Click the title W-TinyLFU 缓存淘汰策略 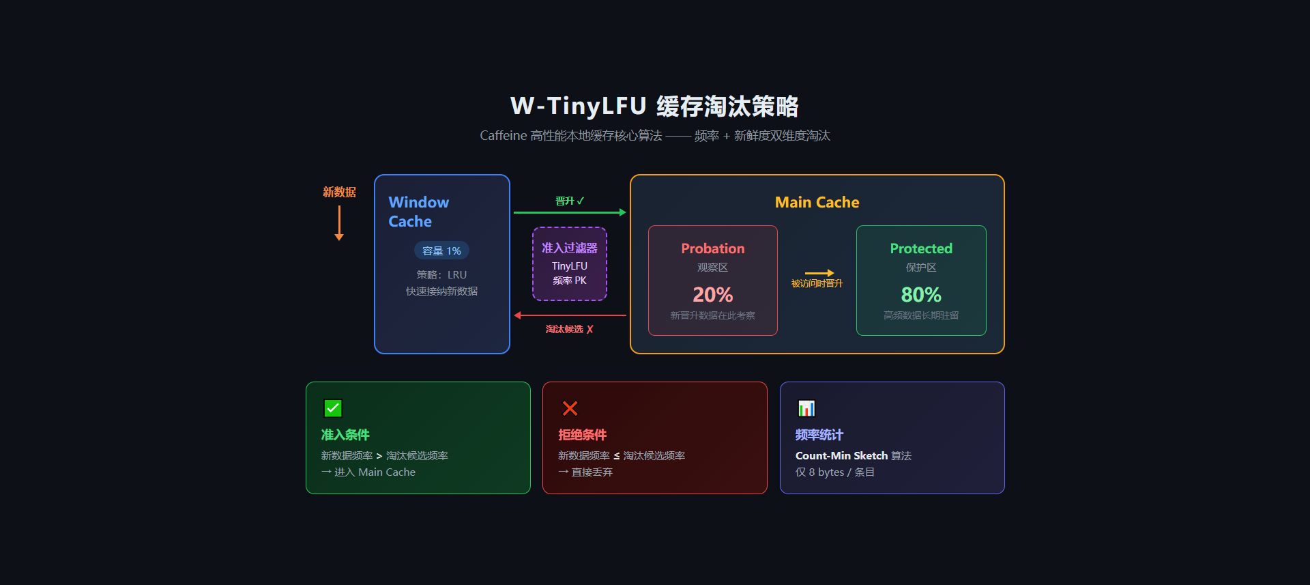click(654, 106)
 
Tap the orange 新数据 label click(339, 192)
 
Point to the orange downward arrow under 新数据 click(339, 223)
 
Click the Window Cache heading click(418, 212)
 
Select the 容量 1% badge click(441, 251)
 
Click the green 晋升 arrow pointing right click(570, 212)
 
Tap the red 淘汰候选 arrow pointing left click(570, 315)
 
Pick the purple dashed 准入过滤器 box click(570, 263)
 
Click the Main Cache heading click(817, 203)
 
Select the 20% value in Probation click(712, 295)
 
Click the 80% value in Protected click(921, 295)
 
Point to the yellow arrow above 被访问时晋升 click(819, 273)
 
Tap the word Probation click(712, 249)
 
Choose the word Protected click(921, 249)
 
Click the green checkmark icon click(333, 408)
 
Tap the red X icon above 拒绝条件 click(570, 408)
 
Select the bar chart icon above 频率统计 click(806, 408)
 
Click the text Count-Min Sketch click(841, 456)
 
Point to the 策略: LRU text click(441, 275)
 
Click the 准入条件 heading click(345, 435)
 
